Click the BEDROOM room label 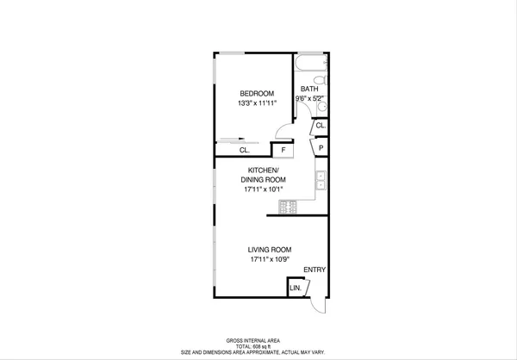pos(257,93)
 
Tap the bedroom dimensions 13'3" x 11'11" pos(257,104)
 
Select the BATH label pos(310,89)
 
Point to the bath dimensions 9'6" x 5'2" pos(310,98)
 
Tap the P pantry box pos(320,148)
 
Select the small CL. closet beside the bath pos(320,126)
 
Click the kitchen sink pos(321,180)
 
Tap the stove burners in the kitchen pos(288,207)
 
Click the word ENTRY pos(315,270)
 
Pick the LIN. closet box pos(296,287)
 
